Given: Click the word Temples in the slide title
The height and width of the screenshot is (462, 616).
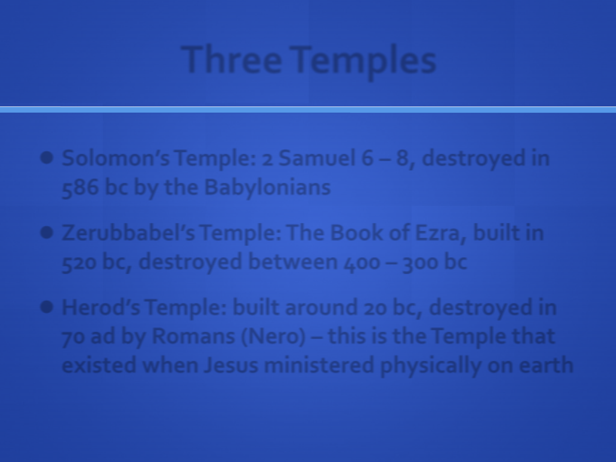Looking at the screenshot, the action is tap(363, 62).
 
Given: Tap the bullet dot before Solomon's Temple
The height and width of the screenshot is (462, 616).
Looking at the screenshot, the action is tap(47, 158).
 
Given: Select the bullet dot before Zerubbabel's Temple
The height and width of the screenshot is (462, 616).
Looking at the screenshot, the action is tap(47, 233).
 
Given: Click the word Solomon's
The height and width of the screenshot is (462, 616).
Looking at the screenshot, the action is tap(115, 158).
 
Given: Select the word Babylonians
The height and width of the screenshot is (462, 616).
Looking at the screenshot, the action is tap(267, 188).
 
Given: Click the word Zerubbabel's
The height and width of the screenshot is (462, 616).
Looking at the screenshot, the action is tap(128, 233).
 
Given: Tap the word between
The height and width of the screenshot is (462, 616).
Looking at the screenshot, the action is tap(293, 262).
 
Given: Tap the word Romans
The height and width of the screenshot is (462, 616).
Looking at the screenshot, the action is tap(193, 336).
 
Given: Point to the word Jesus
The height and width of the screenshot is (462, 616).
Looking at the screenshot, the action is tap(231, 365).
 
